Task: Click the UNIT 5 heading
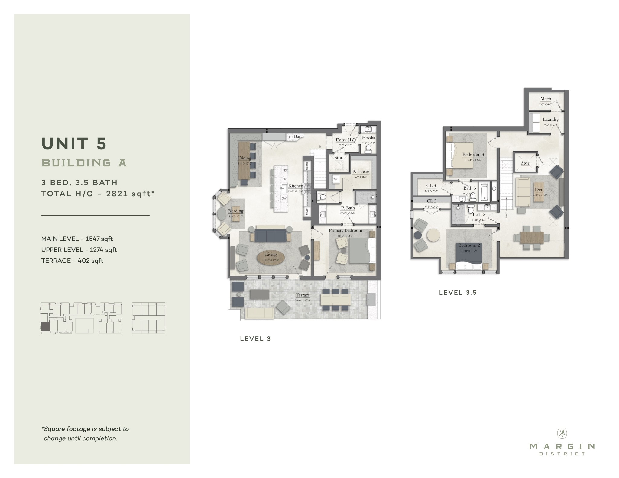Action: [x=74, y=144]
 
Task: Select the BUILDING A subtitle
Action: [x=84, y=163]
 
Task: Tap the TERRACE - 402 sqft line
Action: [x=72, y=261]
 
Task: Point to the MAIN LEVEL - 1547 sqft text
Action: [x=77, y=239]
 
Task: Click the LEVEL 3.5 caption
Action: [x=458, y=293]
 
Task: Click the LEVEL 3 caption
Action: [x=255, y=339]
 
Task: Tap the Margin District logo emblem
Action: [x=562, y=433]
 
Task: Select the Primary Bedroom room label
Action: [x=345, y=230]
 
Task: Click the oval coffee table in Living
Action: [x=271, y=258]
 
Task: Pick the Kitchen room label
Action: [x=295, y=186]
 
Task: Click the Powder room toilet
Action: [x=368, y=148]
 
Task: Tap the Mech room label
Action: [x=546, y=99]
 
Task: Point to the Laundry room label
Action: [x=550, y=120]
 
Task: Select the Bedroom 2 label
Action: [x=469, y=245]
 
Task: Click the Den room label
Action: [x=539, y=190]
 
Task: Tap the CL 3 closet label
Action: [x=431, y=186]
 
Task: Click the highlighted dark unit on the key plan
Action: [x=45, y=327]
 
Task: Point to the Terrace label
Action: [x=303, y=295]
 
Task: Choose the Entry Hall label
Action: [x=345, y=140]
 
